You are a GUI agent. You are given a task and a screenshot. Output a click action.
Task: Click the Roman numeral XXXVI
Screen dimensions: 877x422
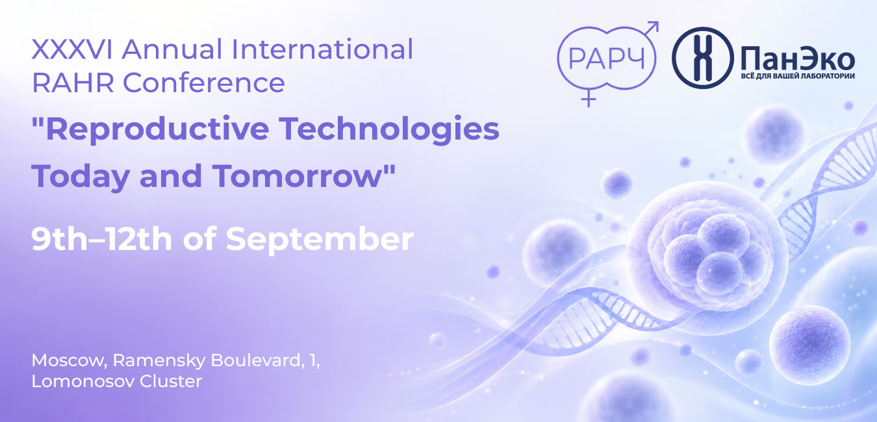72,49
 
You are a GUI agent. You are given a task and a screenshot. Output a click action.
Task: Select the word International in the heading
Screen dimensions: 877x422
322,49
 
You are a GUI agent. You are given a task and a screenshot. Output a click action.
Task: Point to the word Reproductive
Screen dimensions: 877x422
150,129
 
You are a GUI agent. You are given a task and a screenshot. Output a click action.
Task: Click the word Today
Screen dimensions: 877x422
81,177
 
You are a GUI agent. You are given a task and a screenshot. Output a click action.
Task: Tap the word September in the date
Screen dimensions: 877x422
320,240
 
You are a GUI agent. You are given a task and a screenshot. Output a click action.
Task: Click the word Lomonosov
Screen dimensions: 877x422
83,381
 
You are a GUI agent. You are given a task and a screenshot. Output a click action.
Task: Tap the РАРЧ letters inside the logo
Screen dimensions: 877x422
606,58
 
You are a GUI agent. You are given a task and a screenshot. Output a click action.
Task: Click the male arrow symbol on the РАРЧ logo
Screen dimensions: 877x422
651,29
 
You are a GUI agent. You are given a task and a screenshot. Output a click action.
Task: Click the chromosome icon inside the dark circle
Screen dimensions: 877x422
702,58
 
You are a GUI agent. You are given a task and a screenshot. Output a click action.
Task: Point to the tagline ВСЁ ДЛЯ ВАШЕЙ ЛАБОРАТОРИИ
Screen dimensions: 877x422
798,76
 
